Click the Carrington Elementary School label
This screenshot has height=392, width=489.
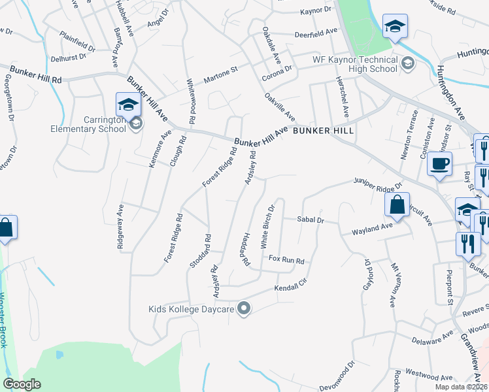coord(88,124)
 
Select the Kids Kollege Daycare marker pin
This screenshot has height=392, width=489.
coord(244,308)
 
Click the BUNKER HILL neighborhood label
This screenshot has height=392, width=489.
coord(323,131)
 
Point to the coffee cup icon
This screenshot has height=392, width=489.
coord(440,163)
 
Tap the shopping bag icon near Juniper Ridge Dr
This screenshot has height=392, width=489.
coord(397,204)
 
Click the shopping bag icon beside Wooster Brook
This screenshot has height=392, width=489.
coord(5,228)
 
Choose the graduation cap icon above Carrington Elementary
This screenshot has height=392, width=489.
coord(128,105)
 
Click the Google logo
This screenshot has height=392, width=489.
coord(22,384)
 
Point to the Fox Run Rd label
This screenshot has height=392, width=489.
coord(287,261)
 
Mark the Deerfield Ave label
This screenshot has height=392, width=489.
coord(316,32)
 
